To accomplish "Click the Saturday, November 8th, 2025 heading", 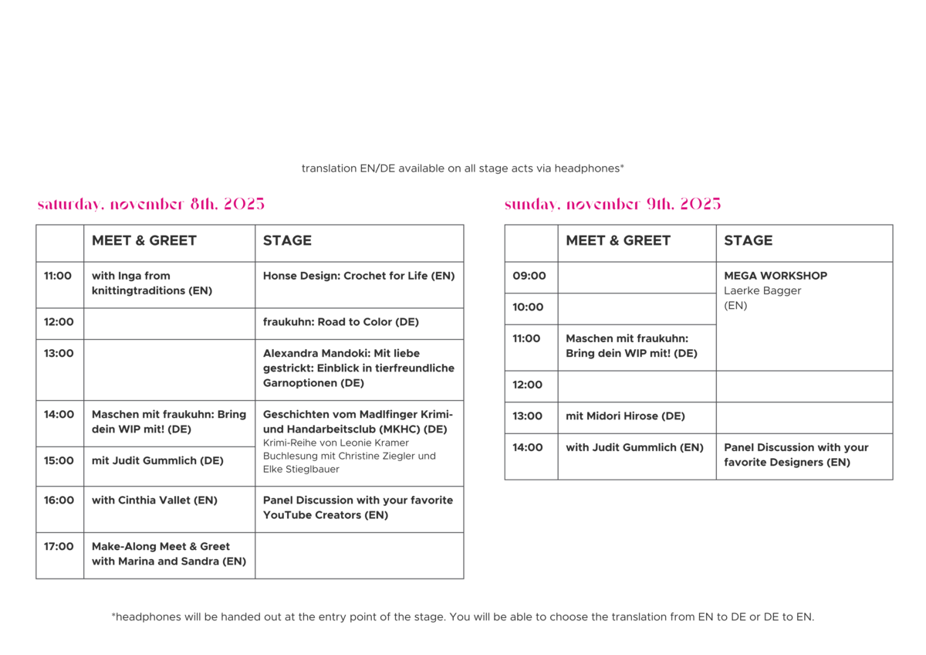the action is tap(151, 204).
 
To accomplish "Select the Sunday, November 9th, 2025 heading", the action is tap(613, 204).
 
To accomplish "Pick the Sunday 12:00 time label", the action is tap(528, 385).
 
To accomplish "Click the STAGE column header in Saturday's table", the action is tap(287, 240).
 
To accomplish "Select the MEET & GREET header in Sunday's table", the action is tap(618, 240).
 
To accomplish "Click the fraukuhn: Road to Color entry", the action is tap(341, 322).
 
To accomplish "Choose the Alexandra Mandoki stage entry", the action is tap(359, 368).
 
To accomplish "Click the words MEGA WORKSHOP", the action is tap(776, 276).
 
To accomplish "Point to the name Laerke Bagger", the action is tap(762, 291).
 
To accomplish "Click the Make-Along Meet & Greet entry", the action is tap(169, 554).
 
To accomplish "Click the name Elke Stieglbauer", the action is tap(301, 469).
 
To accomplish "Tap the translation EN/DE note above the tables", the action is tap(462, 168).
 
